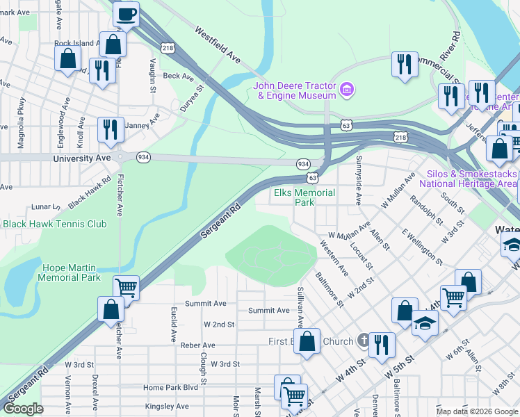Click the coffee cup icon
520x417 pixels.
point(126,15)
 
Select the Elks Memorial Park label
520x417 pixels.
point(304,197)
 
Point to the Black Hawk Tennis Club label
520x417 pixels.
point(55,224)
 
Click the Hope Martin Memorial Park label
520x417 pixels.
point(72,272)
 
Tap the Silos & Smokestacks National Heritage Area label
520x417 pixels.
point(468,179)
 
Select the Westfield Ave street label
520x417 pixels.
point(218,45)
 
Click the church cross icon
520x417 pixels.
point(362,341)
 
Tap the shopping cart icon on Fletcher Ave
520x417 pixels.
point(126,288)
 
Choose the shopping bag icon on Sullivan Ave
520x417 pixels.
point(307,341)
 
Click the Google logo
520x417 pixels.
point(23,409)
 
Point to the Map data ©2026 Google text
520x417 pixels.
point(477,411)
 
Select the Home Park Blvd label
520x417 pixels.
point(170,387)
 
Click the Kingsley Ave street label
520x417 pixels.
point(167,406)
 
